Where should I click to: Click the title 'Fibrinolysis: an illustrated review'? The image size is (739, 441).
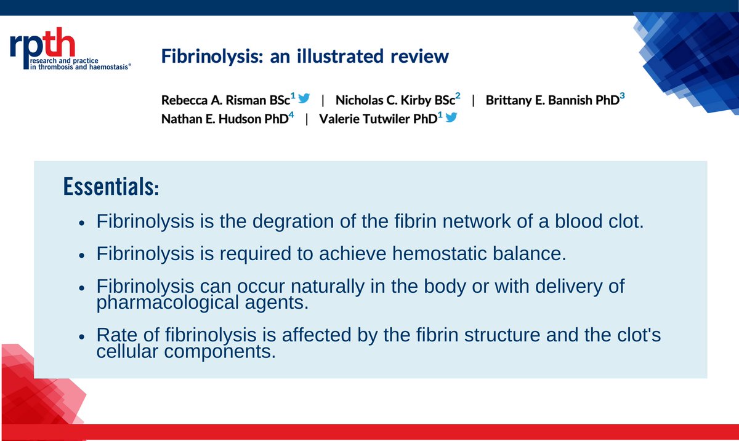click(305, 57)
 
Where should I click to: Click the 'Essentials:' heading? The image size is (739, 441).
click(111, 188)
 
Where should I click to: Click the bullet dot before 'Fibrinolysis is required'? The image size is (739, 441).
click(82, 255)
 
